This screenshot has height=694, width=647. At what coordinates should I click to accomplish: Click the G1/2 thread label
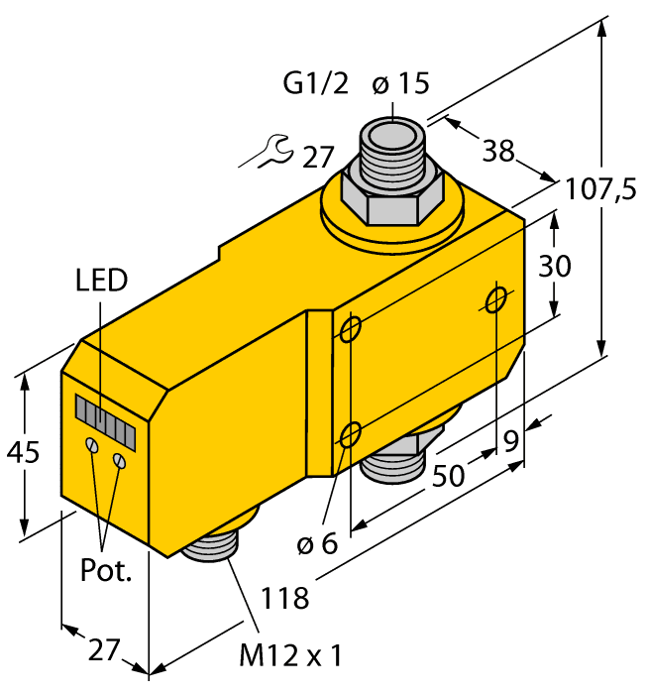point(316,84)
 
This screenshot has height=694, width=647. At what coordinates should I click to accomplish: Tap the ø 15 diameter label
point(401,84)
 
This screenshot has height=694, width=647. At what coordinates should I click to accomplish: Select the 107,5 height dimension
point(600,189)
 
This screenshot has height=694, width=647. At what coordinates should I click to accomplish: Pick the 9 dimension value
point(511,440)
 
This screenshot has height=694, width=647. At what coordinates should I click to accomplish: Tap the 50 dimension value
point(449,475)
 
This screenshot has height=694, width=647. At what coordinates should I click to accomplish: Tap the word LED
point(101,281)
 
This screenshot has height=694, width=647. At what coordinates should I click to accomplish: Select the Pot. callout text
point(106,572)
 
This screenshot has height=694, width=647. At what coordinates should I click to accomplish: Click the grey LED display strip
point(104,415)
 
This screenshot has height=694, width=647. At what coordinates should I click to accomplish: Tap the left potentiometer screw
point(92,446)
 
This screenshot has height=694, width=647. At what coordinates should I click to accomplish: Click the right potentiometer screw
point(121,460)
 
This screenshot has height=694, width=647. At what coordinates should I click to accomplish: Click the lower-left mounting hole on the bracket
point(349,433)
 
